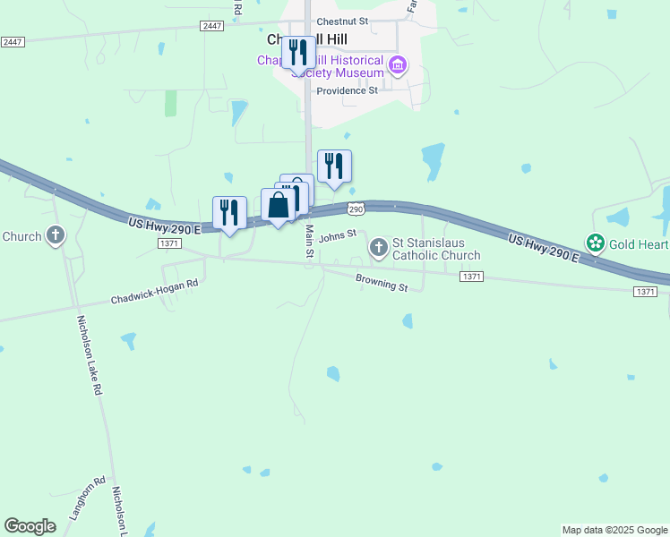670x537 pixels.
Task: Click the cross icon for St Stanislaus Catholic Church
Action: click(379, 245)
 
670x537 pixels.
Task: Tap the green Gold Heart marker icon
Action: click(595, 243)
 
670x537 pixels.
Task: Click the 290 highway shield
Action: click(356, 209)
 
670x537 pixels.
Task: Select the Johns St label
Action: click(338, 235)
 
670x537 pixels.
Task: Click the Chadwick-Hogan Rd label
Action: click(154, 291)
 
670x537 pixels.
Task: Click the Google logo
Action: click(30, 526)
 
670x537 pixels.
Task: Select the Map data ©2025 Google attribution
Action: click(614, 530)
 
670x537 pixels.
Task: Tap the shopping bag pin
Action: click(279, 205)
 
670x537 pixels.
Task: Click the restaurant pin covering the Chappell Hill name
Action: click(298, 52)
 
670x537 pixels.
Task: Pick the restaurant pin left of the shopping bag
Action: click(229, 213)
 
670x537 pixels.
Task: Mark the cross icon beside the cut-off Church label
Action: click(56, 236)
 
